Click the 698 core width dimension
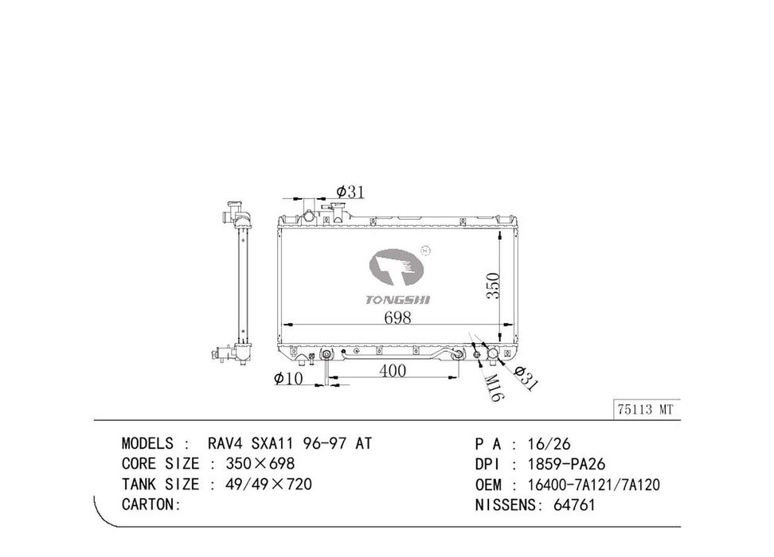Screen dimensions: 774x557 (397, 317)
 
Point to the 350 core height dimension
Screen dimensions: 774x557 (493, 286)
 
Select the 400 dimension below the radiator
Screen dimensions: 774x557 (393, 371)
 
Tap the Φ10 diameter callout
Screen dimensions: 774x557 (288, 379)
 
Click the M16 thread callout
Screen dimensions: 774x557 (492, 388)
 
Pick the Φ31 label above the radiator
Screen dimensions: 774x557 (350, 192)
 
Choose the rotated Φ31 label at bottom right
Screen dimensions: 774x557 (524, 379)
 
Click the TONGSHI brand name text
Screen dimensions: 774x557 (398, 300)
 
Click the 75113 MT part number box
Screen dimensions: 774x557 (646, 410)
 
